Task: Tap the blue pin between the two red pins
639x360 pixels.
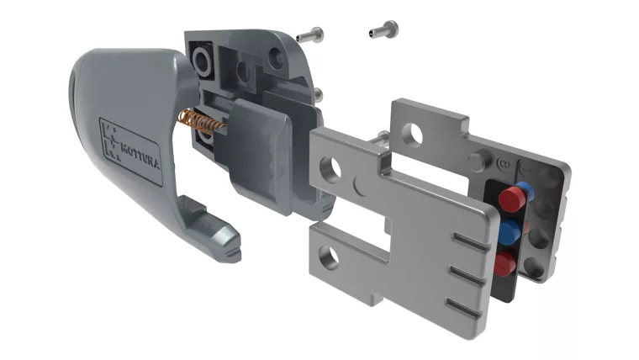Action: pyautogui.click(x=508, y=230)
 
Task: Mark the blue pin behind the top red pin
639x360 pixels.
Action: pyautogui.click(x=523, y=188)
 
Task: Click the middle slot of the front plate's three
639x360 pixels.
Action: pyautogui.click(x=464, y=273)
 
